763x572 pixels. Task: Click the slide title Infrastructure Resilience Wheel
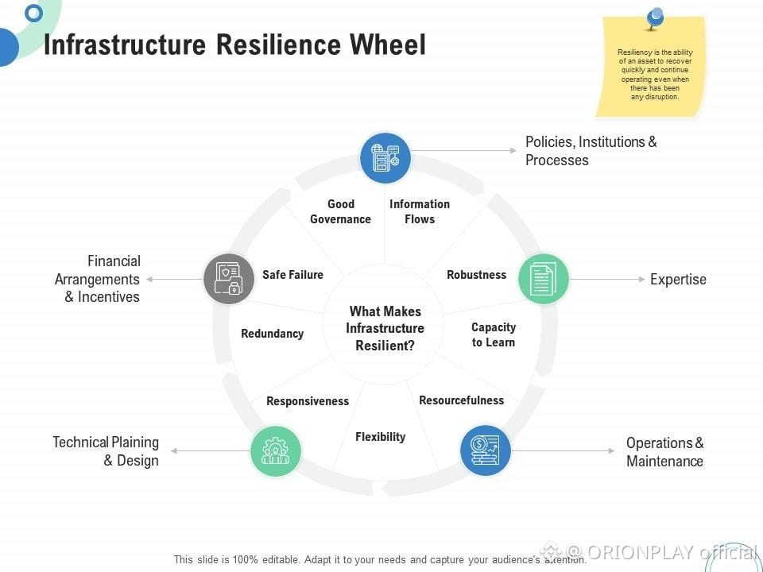tap(234, 44)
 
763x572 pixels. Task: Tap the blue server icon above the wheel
tap(385, 158)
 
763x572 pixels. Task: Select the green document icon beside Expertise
tap(544, 279)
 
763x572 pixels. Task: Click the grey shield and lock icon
tap(229, 279)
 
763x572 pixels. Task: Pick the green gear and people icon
tap(276, 450)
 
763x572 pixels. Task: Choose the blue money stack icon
tap(485, 450)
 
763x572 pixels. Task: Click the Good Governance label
tap(340, 211)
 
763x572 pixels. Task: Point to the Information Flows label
tap(420, 211)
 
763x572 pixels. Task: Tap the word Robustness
tap(476, 275)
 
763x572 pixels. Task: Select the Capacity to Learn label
tap(494, 334)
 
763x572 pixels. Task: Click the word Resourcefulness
tap(461, 400)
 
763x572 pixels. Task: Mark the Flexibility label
tap(380, 437)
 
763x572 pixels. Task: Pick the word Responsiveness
tap(308, 401)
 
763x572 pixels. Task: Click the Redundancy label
tap(272, 334)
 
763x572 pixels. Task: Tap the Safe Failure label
tap(292, 275)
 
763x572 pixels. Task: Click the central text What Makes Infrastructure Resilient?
tap(385, 328)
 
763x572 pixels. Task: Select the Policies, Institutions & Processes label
tap(591, 151)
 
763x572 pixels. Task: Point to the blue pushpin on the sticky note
tap(656, 17)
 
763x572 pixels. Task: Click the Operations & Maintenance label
tap(664, 452)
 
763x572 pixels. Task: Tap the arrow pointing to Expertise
tap(608, 279)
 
